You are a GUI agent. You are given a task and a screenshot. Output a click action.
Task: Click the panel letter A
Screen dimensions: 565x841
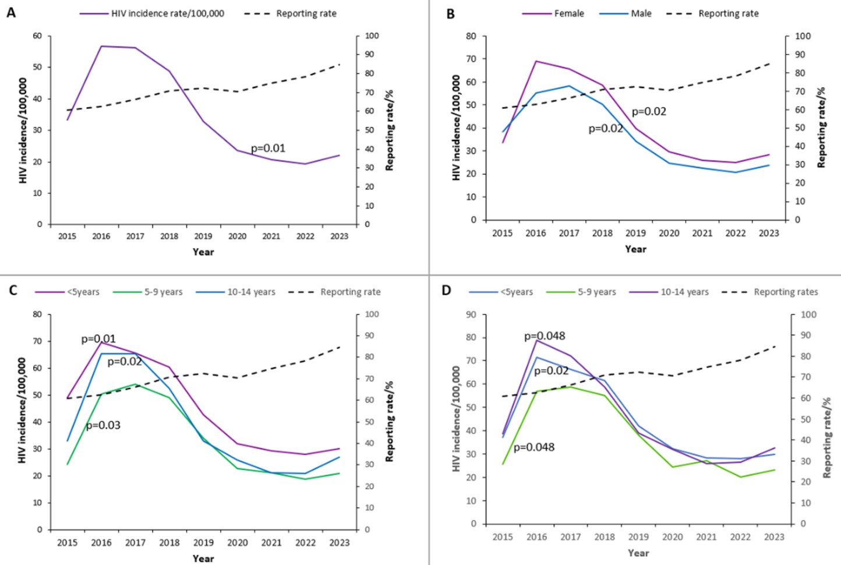(11, 12)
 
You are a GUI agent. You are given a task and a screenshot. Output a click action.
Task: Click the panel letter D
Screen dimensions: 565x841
(446, 290)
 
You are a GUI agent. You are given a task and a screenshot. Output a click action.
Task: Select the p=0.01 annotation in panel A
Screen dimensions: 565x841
(268, 149)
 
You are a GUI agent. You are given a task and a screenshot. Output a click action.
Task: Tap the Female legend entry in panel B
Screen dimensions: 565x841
(568, 13)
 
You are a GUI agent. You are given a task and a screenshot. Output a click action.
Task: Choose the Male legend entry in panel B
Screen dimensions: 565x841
(641, 13)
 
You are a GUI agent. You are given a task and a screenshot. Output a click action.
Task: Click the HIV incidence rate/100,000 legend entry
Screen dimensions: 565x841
(167, 13)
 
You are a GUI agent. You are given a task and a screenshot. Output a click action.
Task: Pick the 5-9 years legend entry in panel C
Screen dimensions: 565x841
(163, 292)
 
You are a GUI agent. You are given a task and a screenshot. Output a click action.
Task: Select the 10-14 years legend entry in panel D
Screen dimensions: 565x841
(684, 292)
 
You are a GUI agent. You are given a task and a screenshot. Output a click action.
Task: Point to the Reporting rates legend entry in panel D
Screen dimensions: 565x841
(786, 292)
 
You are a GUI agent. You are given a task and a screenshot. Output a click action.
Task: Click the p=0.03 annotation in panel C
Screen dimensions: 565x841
(103, 425)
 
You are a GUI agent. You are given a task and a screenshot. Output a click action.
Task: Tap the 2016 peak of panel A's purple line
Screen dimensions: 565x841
(101, 46)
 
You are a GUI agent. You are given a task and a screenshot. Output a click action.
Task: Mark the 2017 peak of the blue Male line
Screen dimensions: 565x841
(569, 86)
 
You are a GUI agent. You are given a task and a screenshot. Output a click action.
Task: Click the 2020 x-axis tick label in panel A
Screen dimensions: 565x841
(237, 236)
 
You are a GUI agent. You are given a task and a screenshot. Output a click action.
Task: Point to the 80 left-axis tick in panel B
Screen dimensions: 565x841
(471, 36)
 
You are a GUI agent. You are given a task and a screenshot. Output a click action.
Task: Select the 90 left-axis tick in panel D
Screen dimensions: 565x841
(471, 315)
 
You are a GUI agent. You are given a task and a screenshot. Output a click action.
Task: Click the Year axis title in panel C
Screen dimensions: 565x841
(203, 559)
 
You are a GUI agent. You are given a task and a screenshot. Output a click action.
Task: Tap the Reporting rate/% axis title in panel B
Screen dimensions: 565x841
(821, 128)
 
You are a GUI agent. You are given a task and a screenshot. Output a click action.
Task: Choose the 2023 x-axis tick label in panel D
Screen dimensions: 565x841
(774, 537)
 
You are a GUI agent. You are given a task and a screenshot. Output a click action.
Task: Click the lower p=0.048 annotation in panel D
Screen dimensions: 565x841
(533, 447)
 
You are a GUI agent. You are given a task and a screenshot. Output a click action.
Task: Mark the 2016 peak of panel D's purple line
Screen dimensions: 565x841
(536, 340)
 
